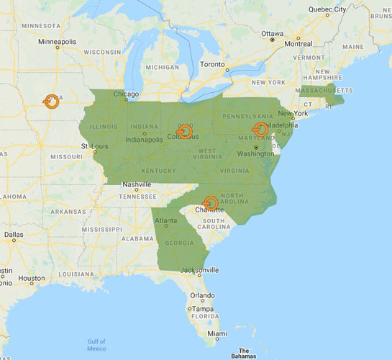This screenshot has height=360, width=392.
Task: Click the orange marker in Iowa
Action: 52,102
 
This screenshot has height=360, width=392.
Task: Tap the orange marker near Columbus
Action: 186,131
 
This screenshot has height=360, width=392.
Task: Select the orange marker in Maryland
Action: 261,130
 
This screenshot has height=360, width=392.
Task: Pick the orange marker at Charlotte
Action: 211,203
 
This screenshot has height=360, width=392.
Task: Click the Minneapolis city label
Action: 57,42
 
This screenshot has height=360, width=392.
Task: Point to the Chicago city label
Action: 125,94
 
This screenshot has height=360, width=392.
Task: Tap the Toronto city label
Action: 212,64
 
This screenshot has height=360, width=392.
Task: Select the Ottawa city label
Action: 272,33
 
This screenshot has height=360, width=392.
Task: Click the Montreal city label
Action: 298,43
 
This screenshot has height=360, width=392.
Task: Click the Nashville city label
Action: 136,184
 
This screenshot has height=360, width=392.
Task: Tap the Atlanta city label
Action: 166,220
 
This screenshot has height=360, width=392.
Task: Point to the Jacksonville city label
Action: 200,270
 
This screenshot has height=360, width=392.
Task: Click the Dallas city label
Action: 13,234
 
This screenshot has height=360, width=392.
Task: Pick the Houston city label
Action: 32,278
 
